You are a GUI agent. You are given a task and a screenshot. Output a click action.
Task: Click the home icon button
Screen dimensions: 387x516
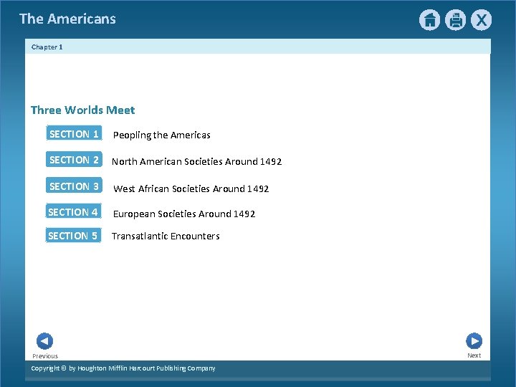(429, 20)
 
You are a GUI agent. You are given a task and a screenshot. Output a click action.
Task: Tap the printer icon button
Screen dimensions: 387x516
(455, 20)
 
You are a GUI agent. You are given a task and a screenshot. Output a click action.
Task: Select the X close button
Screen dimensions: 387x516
(481, 20)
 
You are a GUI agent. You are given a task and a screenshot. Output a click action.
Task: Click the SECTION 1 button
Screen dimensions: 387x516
(74, 134)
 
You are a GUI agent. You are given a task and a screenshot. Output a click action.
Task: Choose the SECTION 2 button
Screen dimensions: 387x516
(74, 160)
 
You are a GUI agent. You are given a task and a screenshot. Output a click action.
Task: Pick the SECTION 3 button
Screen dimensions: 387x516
(74, 186)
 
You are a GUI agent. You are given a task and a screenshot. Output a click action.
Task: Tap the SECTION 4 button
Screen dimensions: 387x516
(73, 212)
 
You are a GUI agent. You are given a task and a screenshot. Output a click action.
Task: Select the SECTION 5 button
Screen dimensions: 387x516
(73, 236)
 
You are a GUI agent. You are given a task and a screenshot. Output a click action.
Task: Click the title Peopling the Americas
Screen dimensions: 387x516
(162, 135)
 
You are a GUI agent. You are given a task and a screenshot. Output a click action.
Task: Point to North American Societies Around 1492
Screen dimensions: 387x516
(196, 162)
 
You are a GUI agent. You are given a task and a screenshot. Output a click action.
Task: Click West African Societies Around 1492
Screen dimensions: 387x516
(191, 189)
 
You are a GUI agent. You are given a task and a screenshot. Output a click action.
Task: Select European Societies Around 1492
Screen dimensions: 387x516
(183, 214)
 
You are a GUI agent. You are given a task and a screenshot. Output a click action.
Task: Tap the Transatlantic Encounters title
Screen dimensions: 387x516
(166, 236)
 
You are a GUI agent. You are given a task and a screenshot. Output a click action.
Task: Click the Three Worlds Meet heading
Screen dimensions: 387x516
(82, 110)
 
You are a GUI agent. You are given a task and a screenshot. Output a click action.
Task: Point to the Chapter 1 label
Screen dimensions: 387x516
(47, 47)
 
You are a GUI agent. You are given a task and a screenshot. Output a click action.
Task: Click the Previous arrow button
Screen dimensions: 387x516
(44, 342)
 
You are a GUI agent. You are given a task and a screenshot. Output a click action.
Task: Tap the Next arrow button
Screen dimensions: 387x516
(474, 341)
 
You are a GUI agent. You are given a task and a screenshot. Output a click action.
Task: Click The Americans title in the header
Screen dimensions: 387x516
(67, 19)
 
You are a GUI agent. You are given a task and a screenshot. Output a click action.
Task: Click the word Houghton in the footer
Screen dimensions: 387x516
(96, 368)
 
